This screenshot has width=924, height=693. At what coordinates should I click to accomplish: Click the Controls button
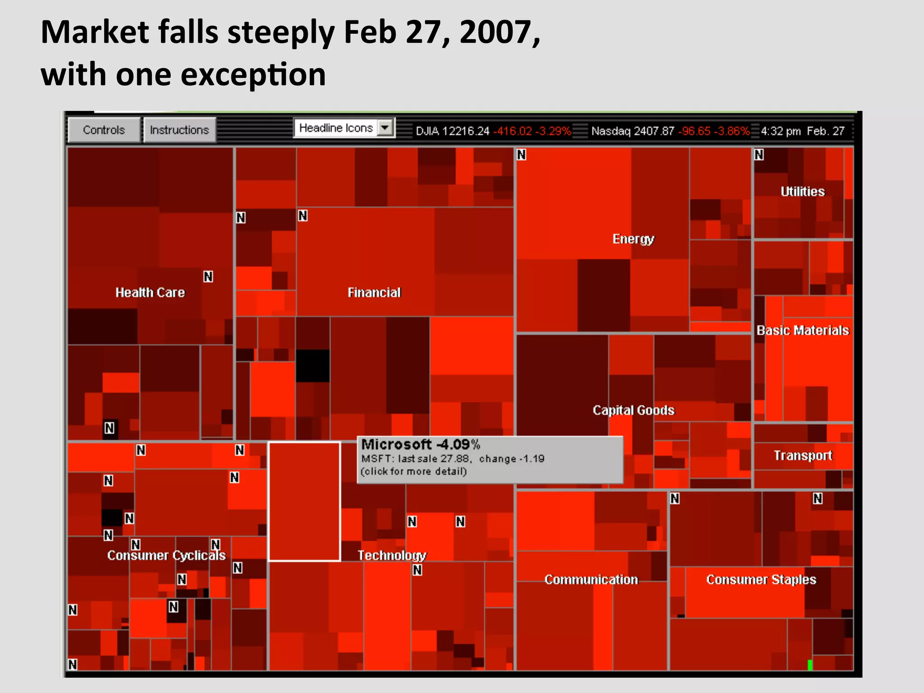tap(103, 130)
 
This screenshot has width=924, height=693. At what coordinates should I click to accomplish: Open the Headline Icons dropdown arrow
tap(385, 128)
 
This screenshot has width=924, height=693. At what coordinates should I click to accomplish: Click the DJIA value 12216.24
tap(466, 131)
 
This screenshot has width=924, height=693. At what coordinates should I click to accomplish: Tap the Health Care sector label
tap(150, 292)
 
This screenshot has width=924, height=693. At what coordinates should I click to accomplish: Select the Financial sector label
tap(374, 292)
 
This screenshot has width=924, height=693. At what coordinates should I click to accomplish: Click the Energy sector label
tap(633, 239)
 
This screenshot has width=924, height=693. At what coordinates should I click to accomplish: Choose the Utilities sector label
tap(802, 191)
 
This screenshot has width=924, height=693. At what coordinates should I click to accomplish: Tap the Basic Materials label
tap(803, 330)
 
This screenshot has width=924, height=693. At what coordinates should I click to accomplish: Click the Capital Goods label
tap(633, 410)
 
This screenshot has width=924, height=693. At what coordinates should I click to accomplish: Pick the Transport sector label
tap(803, 455)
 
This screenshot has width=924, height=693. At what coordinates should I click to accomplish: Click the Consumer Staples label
tap(761, 579)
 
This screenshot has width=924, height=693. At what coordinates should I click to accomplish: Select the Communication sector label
tap(591, 579)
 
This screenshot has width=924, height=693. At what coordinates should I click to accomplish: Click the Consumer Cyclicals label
tap(166, 555)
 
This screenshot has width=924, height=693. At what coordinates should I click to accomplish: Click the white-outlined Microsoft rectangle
tap(304, 501)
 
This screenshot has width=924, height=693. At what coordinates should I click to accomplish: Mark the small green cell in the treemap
tap(810, 665)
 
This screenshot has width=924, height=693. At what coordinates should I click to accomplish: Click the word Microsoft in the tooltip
tap(396, 444)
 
